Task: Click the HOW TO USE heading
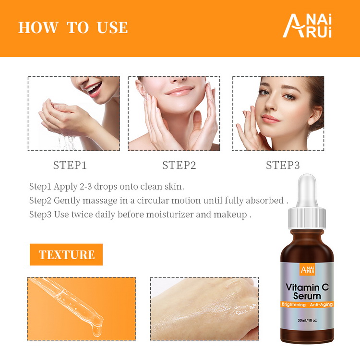tap(73, 27)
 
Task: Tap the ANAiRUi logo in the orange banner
tap(307, 25)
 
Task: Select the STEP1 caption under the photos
tap(70, 165)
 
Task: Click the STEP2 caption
tap(179, 165)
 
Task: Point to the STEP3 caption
tap(283, 165)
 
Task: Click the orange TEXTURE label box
tap(66, 254)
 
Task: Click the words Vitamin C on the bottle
tap(307, 287)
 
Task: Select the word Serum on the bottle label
tap(307, 296)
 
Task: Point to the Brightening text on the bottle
tap(294, 304)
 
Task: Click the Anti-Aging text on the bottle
tap(321, 304)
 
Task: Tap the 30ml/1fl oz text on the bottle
tap(307, 320)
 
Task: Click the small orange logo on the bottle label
tap(307, 269)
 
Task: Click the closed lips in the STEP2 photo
tap(180, 90)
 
